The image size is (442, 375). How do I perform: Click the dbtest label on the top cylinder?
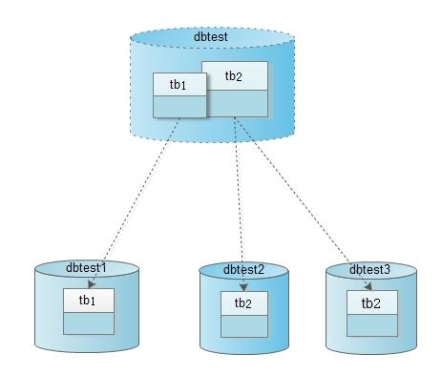pyautogui.click(x=211, y=36)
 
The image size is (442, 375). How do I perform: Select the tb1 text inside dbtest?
pyautogui.click(x=178, y=85)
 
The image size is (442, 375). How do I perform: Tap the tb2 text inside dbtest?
pyautogui.click(x=234, y=76)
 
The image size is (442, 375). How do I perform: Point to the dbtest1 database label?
pyautogui.click(x=86, y=267)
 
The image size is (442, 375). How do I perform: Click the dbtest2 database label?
pyautogui.click(x=243, y=269)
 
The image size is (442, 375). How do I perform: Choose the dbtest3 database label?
pyautogui.click(x=369, y=269)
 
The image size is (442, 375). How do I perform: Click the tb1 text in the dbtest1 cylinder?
pyautogui.click(x=87, y=300)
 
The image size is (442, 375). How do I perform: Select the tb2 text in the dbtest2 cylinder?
pyautogui.click(x=243, y=303)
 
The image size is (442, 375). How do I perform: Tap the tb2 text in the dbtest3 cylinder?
pyautogui.click(x=371, y=303)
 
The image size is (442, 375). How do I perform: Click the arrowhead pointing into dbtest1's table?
pyautogui.click(x=92, y=284)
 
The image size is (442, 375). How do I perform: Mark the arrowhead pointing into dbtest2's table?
pyautogui.click(x=243, y=287)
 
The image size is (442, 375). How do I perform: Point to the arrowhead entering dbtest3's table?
pyautogui.click(x=368, y=286)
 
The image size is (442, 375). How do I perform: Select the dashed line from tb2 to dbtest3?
pyautogui.click(x=304, y=203)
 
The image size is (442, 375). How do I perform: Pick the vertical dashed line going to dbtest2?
pyautogui.click(x=240, y=204)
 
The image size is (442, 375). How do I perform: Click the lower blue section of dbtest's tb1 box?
pyautogui.click(x=179, y=107)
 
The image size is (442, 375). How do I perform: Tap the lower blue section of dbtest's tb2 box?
pyautogui.click(x=237, y=103)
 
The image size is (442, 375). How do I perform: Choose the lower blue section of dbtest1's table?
pyautogui.click(x=89, y=323)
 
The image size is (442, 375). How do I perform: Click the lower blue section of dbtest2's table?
pyautogui.click(x=244, y=326)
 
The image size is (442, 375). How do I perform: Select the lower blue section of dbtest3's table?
pyautogui.click(x=372, y=325)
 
